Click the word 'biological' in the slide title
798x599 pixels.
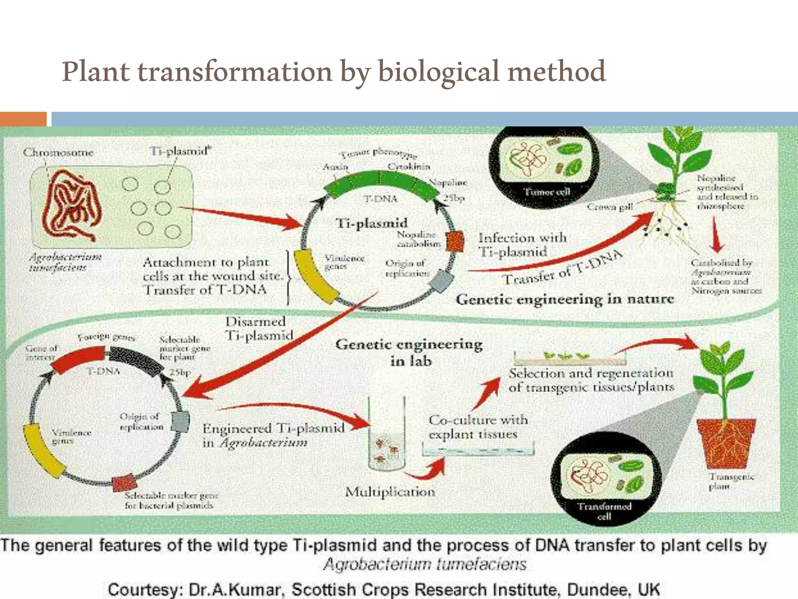point(438,72)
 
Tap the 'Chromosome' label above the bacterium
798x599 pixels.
point(58,152)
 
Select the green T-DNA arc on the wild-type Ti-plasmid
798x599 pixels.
point(380,184)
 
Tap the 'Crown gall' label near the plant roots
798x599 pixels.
point(610,207)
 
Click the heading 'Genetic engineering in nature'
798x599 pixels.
point(565,299)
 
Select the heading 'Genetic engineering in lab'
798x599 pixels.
point(409,352)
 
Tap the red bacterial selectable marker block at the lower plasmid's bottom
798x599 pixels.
point(124,483)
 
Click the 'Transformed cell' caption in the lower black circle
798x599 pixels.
point(604,511)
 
